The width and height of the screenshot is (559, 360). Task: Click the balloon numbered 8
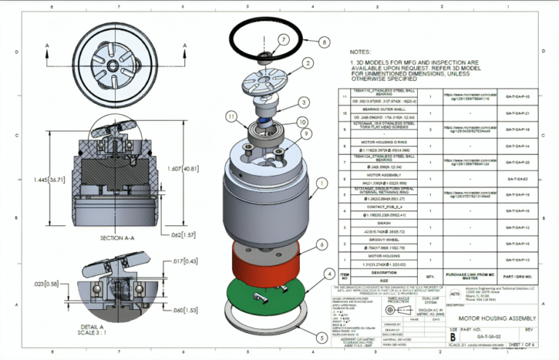pos(323,42)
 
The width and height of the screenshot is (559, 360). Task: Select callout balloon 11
pos(231,116)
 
